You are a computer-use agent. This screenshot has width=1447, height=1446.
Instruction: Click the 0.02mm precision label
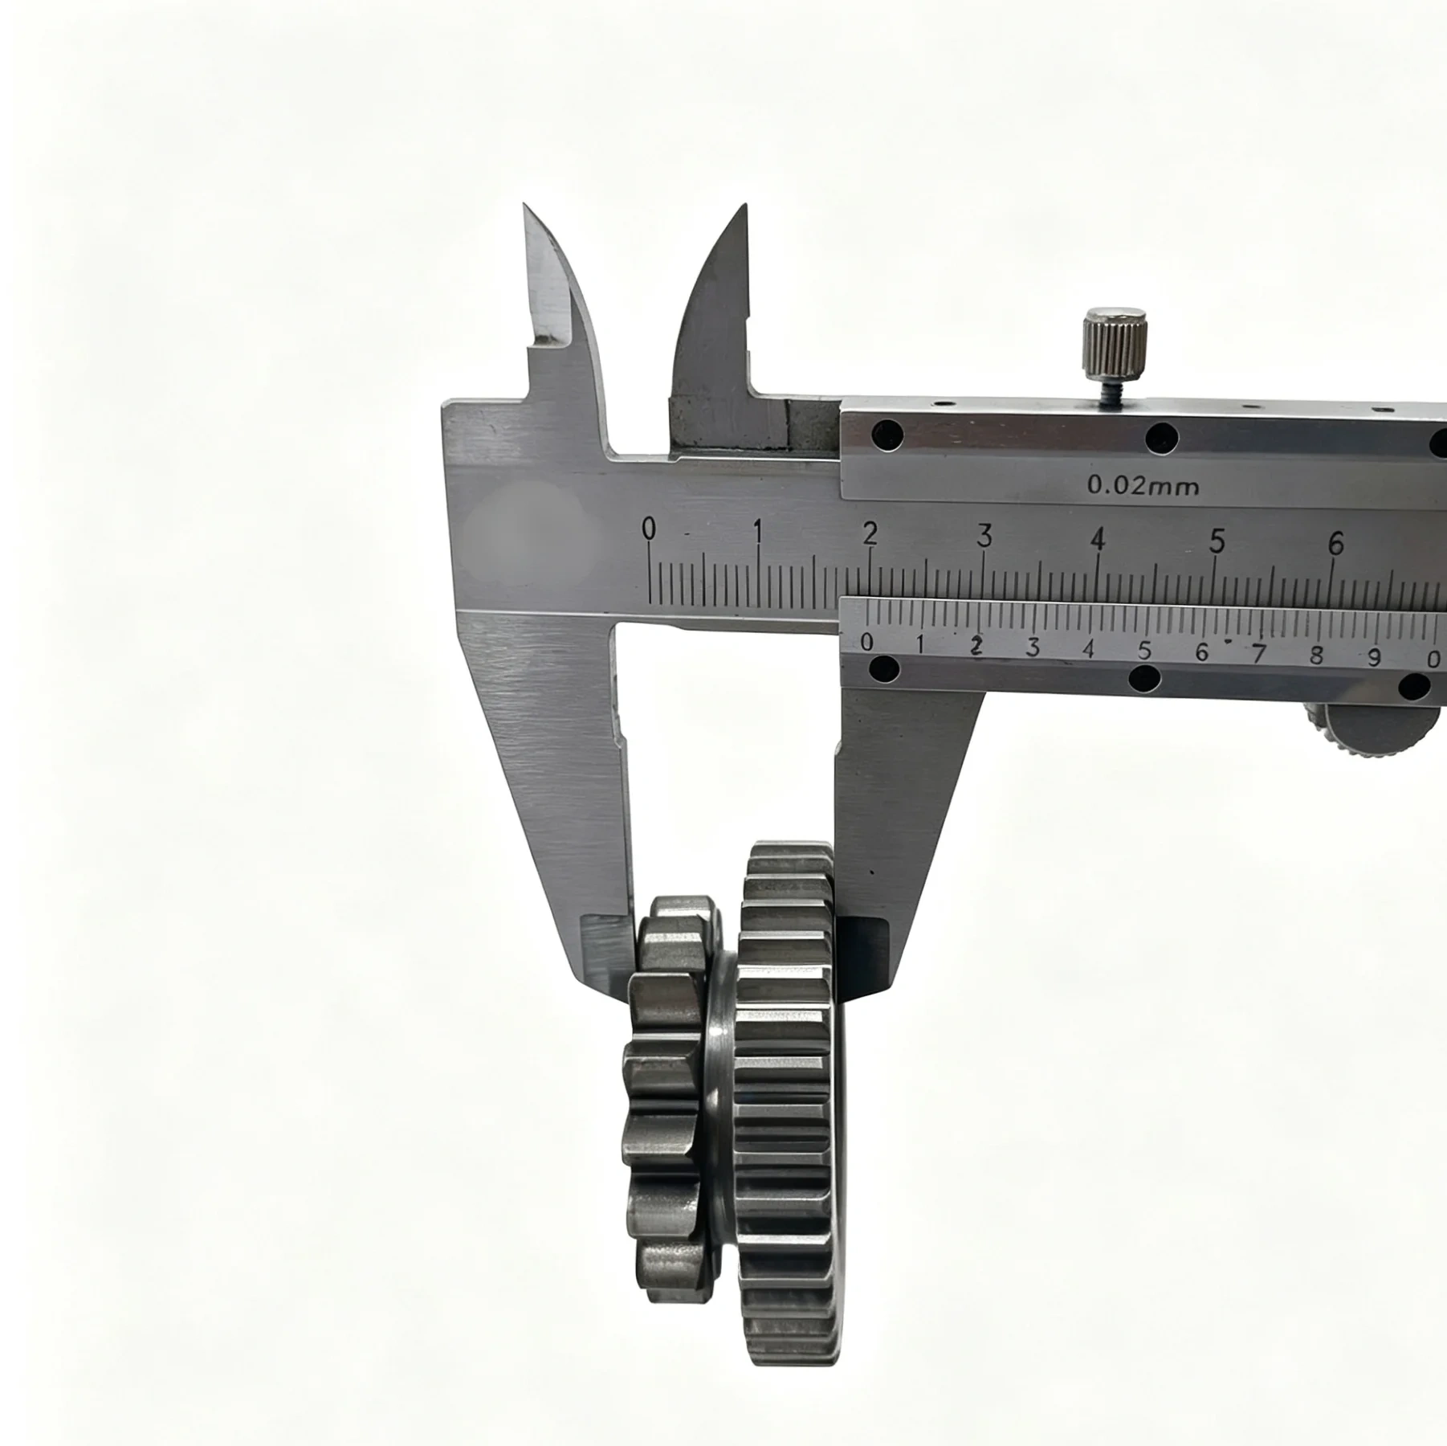1143,485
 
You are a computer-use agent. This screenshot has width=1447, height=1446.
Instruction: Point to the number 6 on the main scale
1335,544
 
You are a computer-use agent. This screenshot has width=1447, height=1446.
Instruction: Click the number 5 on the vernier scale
1145,649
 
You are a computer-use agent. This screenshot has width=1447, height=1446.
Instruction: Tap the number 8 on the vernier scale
1315,655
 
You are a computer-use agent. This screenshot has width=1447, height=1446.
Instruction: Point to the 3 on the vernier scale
1033,647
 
